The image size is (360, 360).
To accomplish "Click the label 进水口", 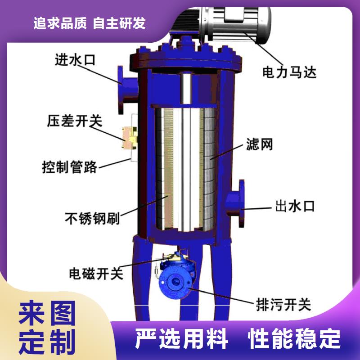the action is (75, 60).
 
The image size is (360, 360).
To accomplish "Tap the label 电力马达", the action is (289, 72).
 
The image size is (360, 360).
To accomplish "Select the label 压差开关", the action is (75, 121).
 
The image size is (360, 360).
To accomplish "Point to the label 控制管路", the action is (70, 167).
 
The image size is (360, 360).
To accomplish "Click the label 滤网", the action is (260, 144).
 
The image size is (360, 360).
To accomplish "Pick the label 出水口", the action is (295, 206).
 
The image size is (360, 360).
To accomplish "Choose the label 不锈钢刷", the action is (92, 218).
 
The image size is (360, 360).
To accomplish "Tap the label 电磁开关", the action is (96, 274).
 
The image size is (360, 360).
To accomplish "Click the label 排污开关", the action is (283, 305).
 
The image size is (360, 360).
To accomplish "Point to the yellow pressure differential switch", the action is (130, 138).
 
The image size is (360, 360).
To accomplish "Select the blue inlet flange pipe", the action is (127, 90).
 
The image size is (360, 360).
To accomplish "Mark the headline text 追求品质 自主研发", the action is (90, 23).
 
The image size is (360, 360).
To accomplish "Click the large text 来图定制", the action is (47, 327).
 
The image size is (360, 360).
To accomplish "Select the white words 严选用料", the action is (181, 339).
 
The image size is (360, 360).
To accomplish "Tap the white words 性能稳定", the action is (294, 339).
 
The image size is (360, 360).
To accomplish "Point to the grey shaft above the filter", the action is (186, 88).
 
